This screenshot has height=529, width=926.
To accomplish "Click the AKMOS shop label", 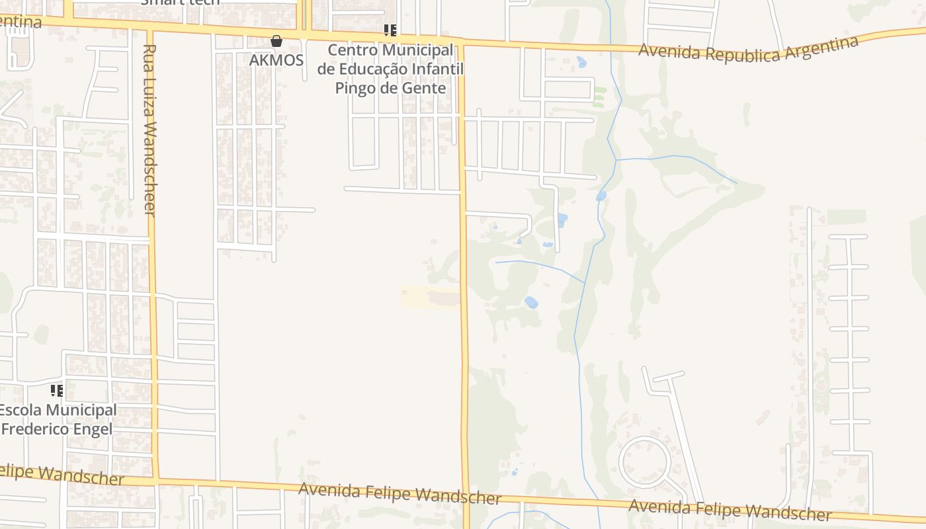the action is [x=276, y=60].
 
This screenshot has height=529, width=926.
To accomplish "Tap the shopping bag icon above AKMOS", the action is [x=276, y=41].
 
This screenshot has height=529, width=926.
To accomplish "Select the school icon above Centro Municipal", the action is [x=390, y=30].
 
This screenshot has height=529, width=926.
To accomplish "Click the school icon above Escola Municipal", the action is [x=57, y=390].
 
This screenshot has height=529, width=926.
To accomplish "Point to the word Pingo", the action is [x=357, y=88].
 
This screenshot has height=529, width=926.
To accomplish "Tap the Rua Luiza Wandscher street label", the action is [x=149, y=130].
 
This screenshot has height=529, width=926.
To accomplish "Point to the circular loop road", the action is [x=644, y=462].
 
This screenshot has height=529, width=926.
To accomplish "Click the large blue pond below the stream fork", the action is [x=530, y=302].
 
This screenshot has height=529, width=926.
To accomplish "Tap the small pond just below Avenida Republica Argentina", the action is [x=581, y=62].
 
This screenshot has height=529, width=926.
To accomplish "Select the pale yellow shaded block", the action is [x=431, y=296].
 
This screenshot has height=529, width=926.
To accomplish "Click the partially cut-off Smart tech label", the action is [x=181, y=2].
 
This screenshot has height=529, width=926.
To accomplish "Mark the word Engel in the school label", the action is [x=93, y=428].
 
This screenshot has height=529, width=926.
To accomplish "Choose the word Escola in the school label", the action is [x=21, y=410].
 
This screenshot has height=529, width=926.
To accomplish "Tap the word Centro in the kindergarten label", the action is [x=352, y=50].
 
